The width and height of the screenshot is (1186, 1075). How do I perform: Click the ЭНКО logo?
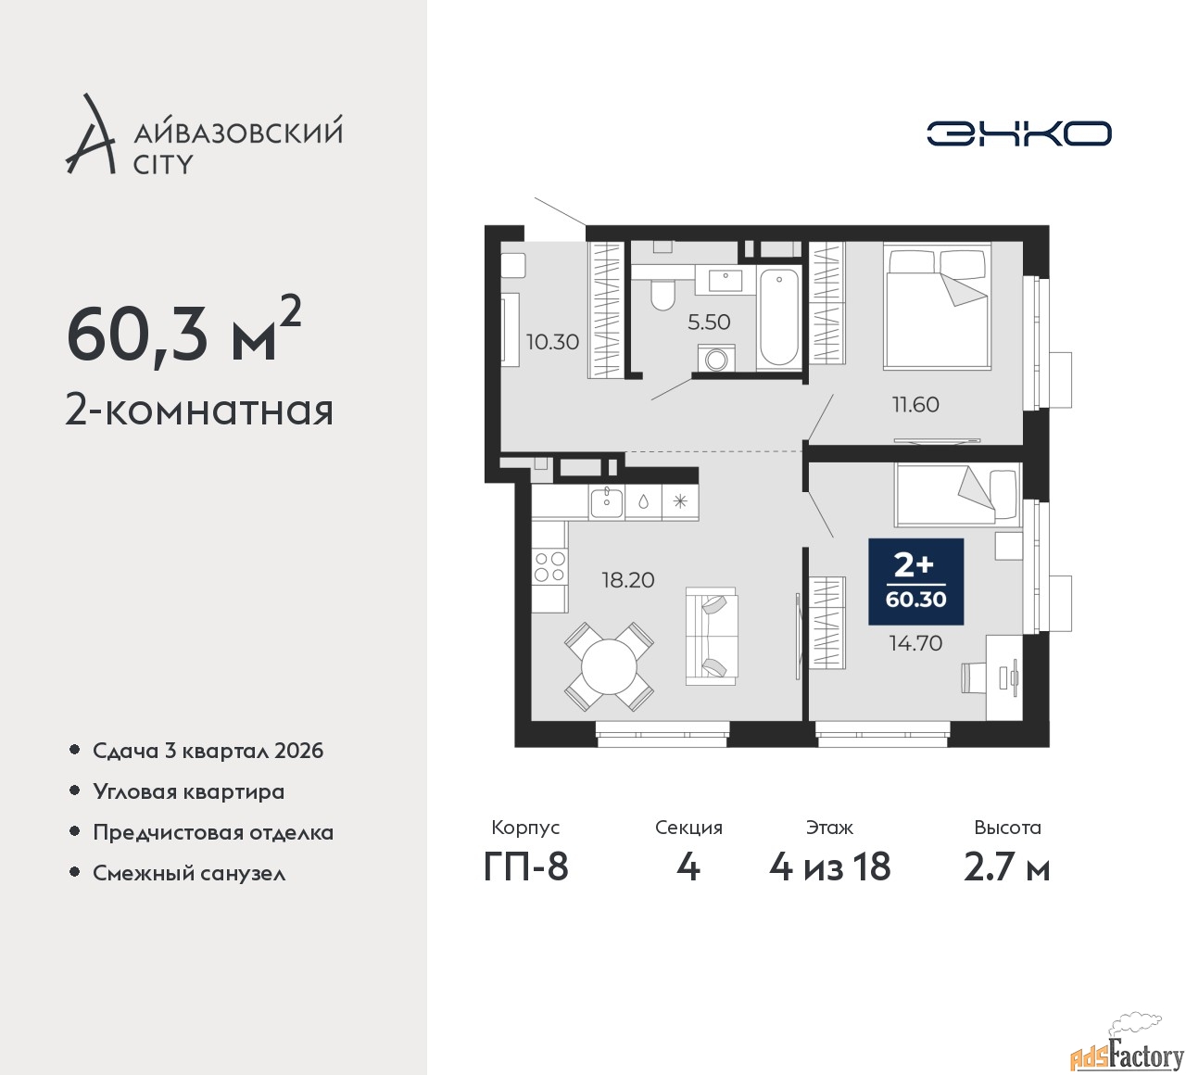(1018, 133)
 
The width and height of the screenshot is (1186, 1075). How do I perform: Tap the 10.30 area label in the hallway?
(553, 342)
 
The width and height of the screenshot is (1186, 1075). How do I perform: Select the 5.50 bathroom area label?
(709, 322)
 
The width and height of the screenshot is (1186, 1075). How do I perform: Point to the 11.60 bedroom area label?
(915, 404)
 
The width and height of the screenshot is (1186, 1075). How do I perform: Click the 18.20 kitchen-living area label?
(628, 580)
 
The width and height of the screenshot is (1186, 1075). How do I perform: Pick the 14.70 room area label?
(915, 643)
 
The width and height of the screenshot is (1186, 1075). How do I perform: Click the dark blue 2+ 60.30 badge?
(915, 582)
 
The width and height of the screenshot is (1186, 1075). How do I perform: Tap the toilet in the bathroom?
(662, 295)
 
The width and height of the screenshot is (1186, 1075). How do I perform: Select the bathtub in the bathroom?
(778, 318)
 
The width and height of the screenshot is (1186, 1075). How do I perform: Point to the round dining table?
(609, 667)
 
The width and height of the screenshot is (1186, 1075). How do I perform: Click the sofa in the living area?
(712, 637)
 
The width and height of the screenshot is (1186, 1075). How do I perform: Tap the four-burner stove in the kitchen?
(549, 566)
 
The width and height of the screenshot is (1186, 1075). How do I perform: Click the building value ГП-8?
(525, 866)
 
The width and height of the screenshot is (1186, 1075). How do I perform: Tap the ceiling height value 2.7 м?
(1007, 867)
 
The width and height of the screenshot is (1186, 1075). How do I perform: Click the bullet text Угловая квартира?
(189, 791)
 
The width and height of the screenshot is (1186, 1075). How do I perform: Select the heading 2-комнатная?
(200, 411)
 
